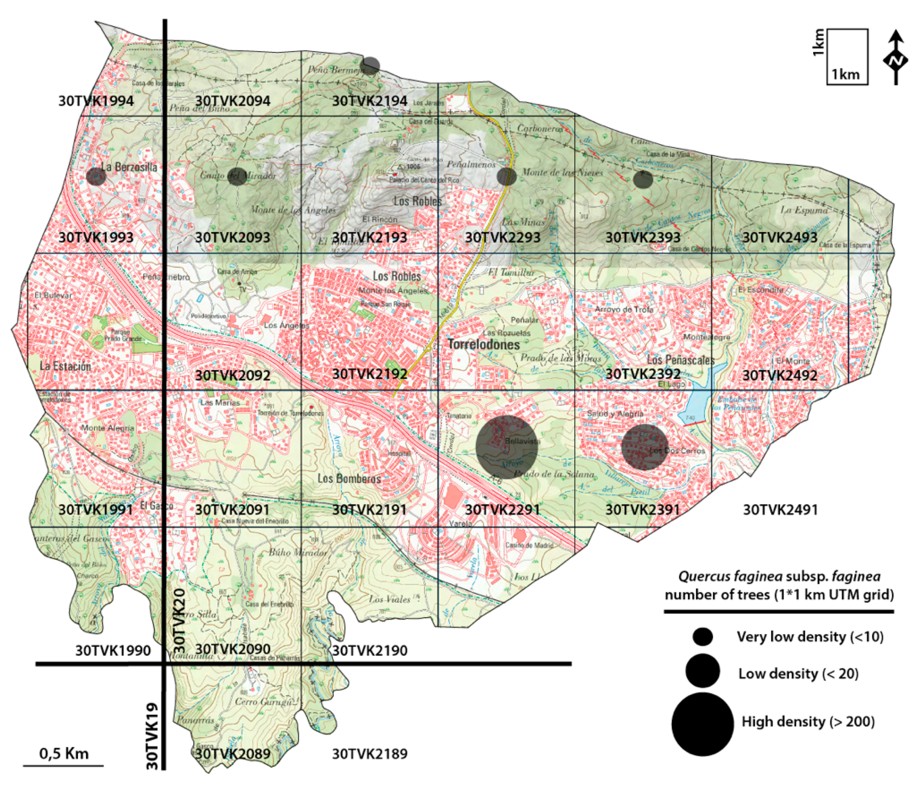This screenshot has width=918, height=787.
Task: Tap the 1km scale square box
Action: pos(847,57)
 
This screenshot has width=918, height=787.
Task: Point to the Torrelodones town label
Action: pos(483,344)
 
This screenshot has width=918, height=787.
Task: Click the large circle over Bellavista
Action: pos(507,447)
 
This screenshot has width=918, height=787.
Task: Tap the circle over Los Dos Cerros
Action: pos(645,447)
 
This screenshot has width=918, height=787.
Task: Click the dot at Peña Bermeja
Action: pos(370,66)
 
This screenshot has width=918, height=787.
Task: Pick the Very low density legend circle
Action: pos(703,637)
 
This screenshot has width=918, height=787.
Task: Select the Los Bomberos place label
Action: pos(349,479)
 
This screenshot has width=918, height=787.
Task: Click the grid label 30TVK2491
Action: pos(780,510)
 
